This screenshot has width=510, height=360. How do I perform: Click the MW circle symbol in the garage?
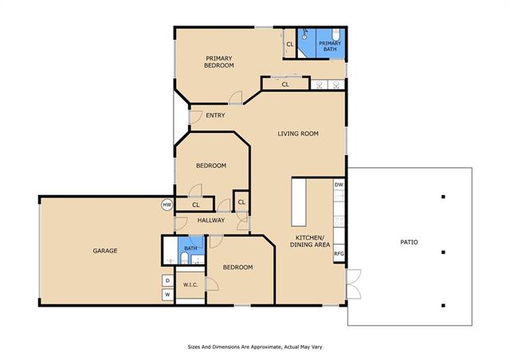pyautogui.click(x=167, y=205)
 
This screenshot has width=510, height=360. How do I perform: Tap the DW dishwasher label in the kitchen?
pyautogui.click(x=339, y=185)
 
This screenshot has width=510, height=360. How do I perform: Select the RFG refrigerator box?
pyautogui.click(x=339, y=253)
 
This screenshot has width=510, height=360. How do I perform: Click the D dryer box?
pyautogui.click(x=168, y=280)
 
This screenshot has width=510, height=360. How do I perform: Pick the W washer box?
pyautogui.click(x=168, y=295)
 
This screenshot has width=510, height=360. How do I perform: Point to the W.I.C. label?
pyautogui.click(x=190, y=285)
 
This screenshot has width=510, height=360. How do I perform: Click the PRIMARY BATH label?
pyautogui.click(x=330, y=46)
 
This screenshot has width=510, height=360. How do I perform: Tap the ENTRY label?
pyautogui.click(x=215, y=115)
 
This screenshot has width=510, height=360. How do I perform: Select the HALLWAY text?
pyautogui.click(x=211, y=220)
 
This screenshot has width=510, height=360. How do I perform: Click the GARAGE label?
pyautogui.click(x=105, y=251)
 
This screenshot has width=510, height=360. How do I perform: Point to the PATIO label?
pyautogui.click(x=409, y=242)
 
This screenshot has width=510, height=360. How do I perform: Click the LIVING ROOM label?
pyautogui.click(x=298, y=134)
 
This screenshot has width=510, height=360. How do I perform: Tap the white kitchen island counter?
pyautogui.click(x=299, y=202)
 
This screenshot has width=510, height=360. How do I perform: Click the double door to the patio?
pyautogui.click(x=354, y=284)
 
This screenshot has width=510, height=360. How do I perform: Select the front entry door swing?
pyautogui.click(x=195, y=117)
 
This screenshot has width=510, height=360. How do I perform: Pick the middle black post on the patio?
pyautogui.click(x=443, y=252)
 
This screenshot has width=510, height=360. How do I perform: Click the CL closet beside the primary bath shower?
pyautogui.click(x=290, y=44)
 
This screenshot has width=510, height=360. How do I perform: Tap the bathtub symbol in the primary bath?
pyautogui.click(x=335, y=35)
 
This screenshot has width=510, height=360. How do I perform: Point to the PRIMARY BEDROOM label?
pyautogui.click(x=219, y=62)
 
